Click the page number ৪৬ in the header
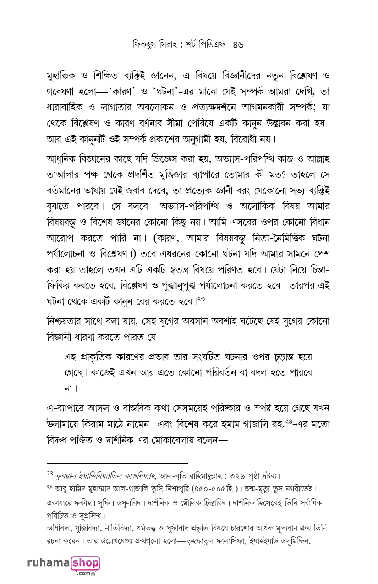[x=237, y=44]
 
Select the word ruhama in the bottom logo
[x=48, y=563]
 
